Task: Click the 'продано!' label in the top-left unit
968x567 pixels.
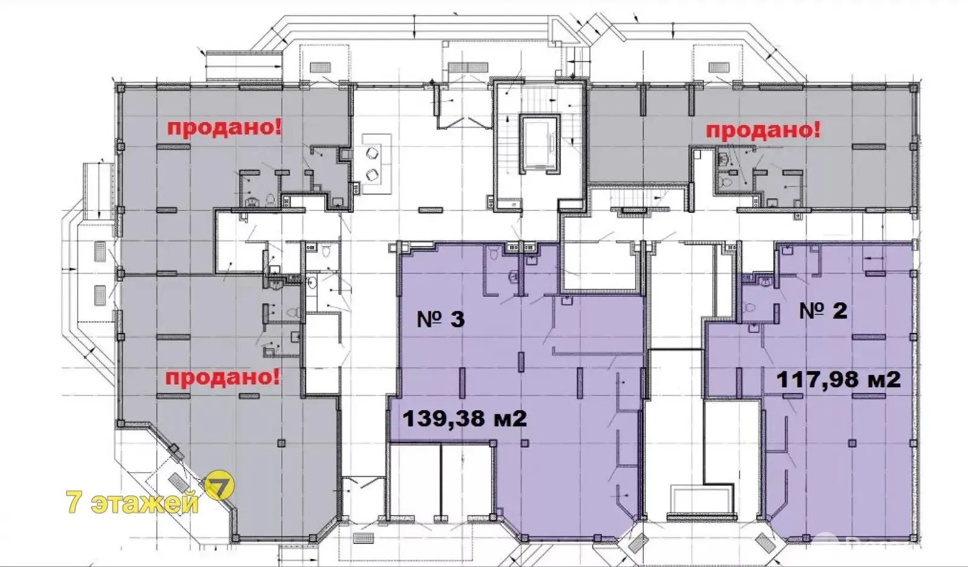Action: coord(224,129)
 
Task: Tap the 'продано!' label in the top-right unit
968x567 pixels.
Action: coord(763,130)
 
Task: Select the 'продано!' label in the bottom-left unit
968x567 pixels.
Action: coord(223,378)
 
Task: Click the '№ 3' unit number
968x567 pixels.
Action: coord(440,319)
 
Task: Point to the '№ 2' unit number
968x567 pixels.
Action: coord(823,311)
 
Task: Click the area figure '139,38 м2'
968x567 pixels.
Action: coord(464,418)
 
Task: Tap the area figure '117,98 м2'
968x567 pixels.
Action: coord(838,379)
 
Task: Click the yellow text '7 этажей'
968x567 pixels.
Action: coord(132,502)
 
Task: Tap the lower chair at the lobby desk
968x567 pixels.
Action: coord(371,175)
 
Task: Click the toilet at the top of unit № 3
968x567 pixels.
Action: coord(492,254)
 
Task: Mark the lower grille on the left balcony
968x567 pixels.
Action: coord(100,295)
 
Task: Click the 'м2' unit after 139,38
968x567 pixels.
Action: coord(511,418)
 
